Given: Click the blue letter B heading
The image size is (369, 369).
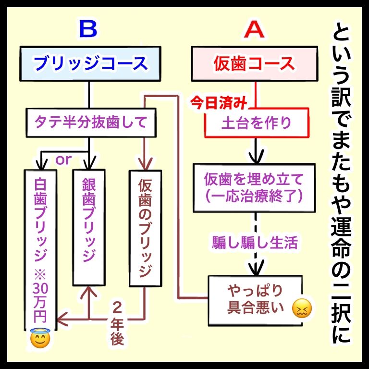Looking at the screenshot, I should click(88, 30).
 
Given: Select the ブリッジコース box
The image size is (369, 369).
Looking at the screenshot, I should click(89, 63).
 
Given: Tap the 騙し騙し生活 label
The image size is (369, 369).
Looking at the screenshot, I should click(255, 242).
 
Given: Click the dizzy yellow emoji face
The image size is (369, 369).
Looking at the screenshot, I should click(302, 307).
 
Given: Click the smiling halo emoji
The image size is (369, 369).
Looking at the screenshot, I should click(40, 338).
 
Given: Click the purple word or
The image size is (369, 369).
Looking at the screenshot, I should click(63, 160).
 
